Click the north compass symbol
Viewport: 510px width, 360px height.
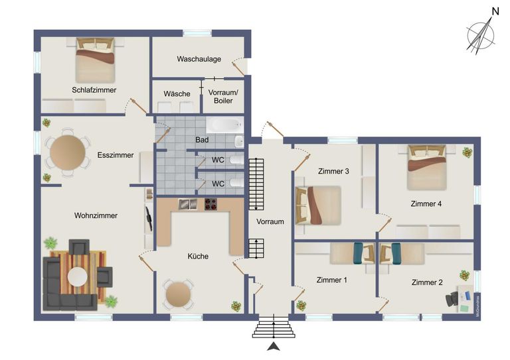point(481,35)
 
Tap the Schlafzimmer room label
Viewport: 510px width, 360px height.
point(94,90)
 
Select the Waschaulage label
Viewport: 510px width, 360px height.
point(199,59)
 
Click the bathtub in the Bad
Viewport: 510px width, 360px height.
point(224,125)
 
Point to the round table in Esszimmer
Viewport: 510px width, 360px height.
point(67,152)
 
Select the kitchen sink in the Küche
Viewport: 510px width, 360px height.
point(188,204)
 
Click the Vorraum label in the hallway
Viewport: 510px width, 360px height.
point(270,221)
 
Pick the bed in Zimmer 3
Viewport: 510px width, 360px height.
point(318,205)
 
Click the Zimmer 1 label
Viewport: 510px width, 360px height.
point(331,280)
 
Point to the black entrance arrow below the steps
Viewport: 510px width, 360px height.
point(273,347)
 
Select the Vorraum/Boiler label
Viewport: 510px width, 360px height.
point(222,96)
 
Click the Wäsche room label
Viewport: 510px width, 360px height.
point(177,93)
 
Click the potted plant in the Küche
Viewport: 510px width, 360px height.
point(236,306)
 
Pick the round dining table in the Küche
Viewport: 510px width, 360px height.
point(177,292)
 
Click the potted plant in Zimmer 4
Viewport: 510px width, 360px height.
point(467,152)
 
